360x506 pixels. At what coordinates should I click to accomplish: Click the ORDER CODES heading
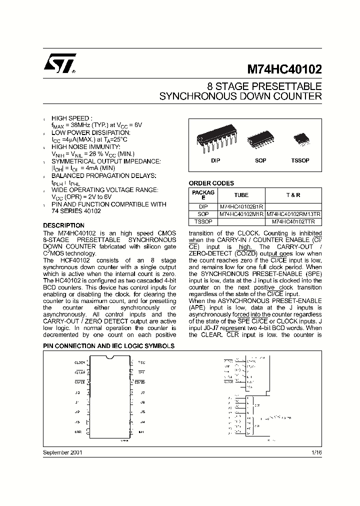211,183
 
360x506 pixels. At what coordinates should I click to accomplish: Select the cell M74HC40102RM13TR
290,213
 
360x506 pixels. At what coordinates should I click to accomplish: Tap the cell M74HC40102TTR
290,221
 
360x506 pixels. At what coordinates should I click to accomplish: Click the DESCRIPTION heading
63,225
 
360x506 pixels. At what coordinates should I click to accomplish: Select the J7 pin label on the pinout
142,392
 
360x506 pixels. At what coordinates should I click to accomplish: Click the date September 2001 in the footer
62,452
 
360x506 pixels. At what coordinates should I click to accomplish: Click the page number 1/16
316,452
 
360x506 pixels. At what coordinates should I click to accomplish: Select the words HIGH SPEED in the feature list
71,118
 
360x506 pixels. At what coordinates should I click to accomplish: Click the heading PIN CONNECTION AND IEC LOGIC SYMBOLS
108,345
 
